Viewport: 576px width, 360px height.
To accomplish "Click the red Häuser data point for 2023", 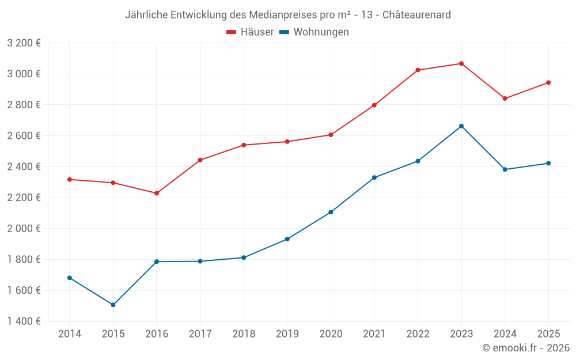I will pyautogui.click(x=461, y=63).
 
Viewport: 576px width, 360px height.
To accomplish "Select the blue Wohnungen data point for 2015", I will pyautogui.click(x=113, y=305).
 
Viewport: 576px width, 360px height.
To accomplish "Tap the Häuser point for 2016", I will pyautogui.click(x=157, y=193).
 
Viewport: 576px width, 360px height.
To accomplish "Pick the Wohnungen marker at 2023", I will pyautogui.click(x=461, y=126).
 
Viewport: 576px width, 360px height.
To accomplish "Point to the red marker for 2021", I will pyautogui.click(x=374, y=105).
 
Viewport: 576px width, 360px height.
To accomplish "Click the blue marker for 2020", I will pyautogui.click(x=331, y=212).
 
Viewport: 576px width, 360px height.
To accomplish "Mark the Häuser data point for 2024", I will pyautogui.click(x=505, y=98).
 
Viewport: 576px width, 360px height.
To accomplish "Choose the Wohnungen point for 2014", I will pyautogui.click(x=70, y=278).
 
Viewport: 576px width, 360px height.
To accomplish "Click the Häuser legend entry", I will pyautogui.click(x=250, y=32).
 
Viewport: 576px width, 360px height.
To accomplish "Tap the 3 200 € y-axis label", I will pyautogui.click(x=24, y=43).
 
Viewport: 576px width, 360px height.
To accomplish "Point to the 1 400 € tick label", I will pyautogui.click(x=24, y=321).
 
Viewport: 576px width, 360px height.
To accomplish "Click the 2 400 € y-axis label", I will pyautogui.click(x=24, y=166).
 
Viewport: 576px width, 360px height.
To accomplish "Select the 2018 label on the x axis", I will pyautogui.click(x=244, y=334).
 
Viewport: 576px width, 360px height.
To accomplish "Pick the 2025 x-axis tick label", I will pyautogui.click(x=548, y=334).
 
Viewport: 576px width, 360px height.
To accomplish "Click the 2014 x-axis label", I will pyautogui.click(x=70, y=334).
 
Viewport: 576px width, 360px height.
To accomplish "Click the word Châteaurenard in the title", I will pyautogui.click(x=418, y=14).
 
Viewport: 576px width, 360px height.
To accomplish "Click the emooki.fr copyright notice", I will pyautogui.click(x=526, y=348).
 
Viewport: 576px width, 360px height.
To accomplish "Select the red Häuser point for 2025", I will pyautogui.click(x=548, y=82).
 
